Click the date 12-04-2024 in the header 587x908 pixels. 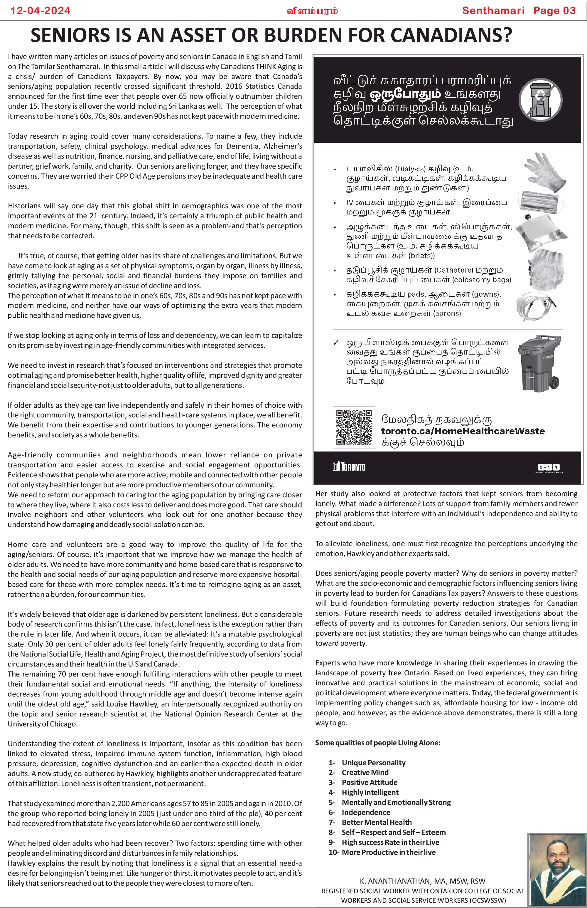[x=40, y=10]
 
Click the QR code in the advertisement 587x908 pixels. [x=354, y=427]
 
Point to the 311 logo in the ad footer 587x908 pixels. [x=549, y=467]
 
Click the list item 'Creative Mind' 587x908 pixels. [x=365, y=772]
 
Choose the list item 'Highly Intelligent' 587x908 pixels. [x=370, y=792]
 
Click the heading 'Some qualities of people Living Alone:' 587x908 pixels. [x=377, y=742]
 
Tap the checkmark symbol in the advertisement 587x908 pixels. [x=336, y=343]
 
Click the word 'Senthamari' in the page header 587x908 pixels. [x=493, y=10]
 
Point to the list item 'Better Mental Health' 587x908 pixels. [x=377, y=822]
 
